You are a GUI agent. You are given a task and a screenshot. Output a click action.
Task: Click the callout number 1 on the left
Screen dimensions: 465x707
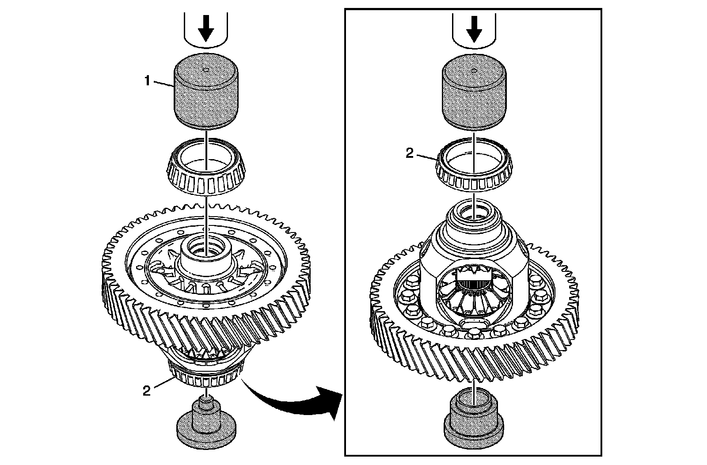(148, 81)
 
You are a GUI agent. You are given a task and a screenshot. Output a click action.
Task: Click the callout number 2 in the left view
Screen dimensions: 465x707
(146, 391)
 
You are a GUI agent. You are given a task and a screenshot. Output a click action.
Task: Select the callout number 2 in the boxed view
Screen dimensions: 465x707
(410, 153)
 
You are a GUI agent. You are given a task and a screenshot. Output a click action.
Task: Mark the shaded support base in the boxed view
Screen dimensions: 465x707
(474, 420)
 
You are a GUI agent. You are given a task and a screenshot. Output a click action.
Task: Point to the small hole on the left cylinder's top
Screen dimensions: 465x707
(206, 69)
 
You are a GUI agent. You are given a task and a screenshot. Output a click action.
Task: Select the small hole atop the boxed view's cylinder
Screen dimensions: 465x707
(474, 69)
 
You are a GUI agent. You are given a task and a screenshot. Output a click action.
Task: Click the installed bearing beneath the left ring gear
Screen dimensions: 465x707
(206, 377)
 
